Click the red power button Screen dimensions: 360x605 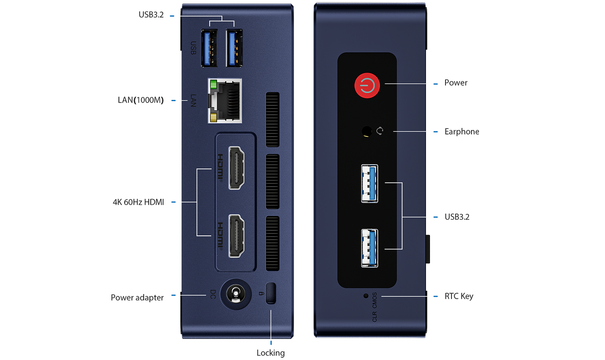click(367, 86)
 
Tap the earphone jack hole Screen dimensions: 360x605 click(366, 131)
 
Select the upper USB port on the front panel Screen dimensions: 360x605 click(370, 183)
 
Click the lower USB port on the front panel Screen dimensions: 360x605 click(370, 248)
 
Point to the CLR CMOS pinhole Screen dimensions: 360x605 click(366, 296)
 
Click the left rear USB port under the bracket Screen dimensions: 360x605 click(209, 48)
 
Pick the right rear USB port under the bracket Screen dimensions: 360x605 click(234, 48)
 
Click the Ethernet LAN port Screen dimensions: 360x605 click(225, 101)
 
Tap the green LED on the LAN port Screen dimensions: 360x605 click(213, 84)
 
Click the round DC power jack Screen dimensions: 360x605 click(236, 294)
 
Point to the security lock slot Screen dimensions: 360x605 click(270, 293)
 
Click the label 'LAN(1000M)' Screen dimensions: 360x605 click(140, 100)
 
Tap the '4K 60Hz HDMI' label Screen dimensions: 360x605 click(138, 202)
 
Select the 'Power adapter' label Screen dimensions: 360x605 click(137, 298)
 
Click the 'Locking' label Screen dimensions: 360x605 click(270, 353)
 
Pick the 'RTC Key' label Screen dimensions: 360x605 click(459, 296)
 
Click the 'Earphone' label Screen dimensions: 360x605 click(461, 132)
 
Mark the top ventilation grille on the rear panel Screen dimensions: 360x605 click(272, 119)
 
